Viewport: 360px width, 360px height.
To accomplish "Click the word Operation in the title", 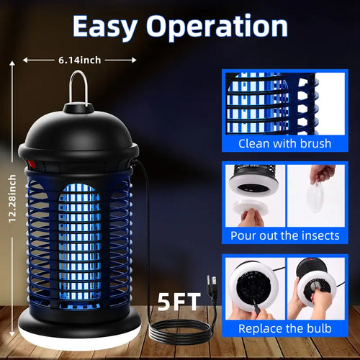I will click(218, 27).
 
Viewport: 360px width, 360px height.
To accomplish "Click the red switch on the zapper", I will click(32, 163).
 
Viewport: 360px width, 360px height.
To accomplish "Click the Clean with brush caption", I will click(285, 143).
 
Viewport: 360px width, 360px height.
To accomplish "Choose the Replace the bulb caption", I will click(285, 329).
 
